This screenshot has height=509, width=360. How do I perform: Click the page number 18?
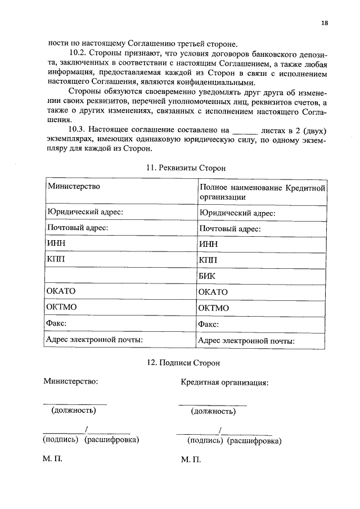click(325, 23)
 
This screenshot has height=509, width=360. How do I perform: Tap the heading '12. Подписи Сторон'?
click(186, 363)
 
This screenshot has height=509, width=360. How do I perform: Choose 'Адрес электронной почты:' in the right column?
click(246, 340)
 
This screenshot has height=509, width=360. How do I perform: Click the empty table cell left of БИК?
click(119, 276)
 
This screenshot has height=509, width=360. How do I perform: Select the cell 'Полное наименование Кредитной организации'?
click(262, 192)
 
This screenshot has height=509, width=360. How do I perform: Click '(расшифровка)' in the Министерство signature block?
click(111, 439)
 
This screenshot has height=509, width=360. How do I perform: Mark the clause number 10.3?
click(79, 130)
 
